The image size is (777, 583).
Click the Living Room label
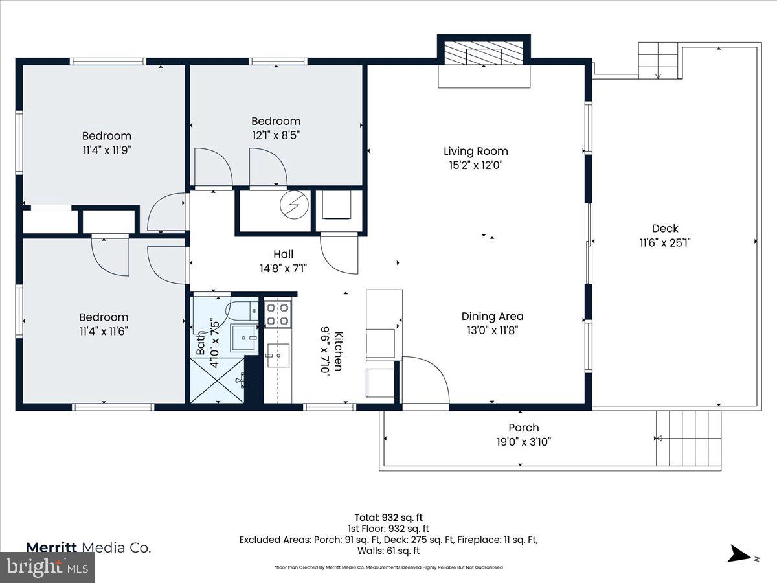click(475, 151)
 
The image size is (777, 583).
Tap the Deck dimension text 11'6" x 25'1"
click(665, 242)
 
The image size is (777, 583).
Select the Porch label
click(523, 428)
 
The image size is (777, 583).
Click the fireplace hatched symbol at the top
click(484, 54)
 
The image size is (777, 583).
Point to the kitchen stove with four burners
click(278, 314)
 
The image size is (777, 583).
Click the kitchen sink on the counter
click(278, 356)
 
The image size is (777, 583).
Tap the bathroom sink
click(244, 337)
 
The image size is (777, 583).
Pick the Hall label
click(283, 254)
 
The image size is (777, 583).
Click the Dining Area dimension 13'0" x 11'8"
click(492, 330)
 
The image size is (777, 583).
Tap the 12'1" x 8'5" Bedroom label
click(276, 121)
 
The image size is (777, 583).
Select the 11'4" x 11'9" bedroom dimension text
click(106, 150)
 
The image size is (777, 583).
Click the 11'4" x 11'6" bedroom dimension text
click(104, 331)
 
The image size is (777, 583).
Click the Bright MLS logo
click(47, 567)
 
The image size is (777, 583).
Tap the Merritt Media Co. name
click(89, 547)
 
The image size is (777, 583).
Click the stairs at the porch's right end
click(688, 438)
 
